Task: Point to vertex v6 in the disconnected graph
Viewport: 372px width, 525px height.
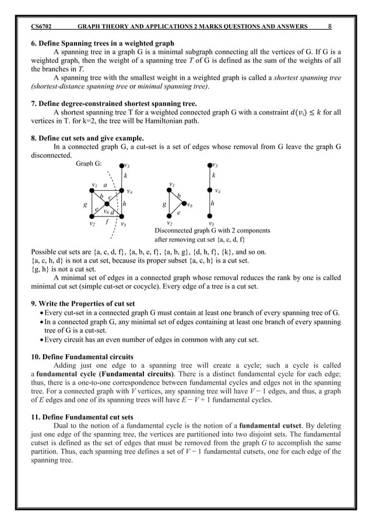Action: coord(184,204)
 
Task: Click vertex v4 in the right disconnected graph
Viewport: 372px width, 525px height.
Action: coord(210,190)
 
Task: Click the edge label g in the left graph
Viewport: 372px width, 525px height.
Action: coord(85,205)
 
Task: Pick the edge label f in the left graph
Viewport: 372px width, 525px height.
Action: coord(107,222)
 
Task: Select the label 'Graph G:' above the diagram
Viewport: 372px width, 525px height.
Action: coord(89,164)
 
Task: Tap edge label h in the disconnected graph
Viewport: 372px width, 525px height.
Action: coord(213,204)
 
